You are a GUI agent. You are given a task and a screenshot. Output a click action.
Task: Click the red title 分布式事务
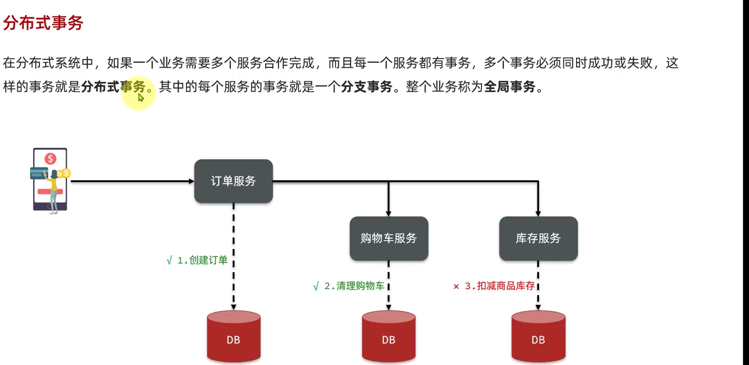coord(43,23)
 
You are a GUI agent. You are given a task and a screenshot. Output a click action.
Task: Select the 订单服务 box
coord(233,181)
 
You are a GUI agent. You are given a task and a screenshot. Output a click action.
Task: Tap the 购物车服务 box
coord(389,238)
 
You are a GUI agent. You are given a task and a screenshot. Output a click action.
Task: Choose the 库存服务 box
coord(538,238)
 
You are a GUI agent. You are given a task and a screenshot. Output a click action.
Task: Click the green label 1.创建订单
coord(202,260)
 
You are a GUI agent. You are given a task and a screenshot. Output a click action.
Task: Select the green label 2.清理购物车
coord(354,286)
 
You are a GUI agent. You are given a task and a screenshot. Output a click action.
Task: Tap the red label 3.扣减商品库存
coord(499,286)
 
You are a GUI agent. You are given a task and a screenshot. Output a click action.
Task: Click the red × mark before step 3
coord(456,286)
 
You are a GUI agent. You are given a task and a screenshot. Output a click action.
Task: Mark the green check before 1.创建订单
coord(169,261)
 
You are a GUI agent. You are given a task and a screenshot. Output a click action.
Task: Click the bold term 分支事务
coord(367,87)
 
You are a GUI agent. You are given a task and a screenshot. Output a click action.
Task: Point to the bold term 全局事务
coord(510,87)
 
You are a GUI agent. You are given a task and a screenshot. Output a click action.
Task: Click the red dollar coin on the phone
coord(50,158)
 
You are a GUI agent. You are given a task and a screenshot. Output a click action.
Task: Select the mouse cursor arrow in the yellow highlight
coord(141,98)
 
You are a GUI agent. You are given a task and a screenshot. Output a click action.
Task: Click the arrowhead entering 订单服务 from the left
coord(191,181)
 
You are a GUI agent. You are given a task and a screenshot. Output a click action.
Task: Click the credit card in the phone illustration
coord(38,173)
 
